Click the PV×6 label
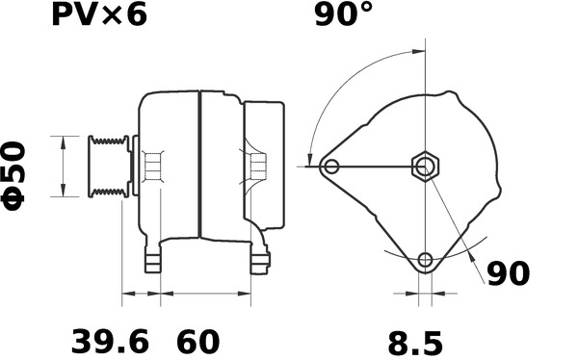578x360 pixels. click(x=99, y=14)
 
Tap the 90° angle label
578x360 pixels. click(x=344, y=14)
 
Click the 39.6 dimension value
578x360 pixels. click(x=110, y=342)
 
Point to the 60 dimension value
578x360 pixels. click(x=197, y=342)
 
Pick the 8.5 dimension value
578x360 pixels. click(x=415, y=343)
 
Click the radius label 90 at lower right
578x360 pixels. click(x=509, y=273)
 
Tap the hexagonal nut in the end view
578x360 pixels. click(x=426, y=167)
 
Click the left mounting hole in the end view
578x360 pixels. click(x=331, y=167)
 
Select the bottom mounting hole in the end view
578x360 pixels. click(x=426, y=260)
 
